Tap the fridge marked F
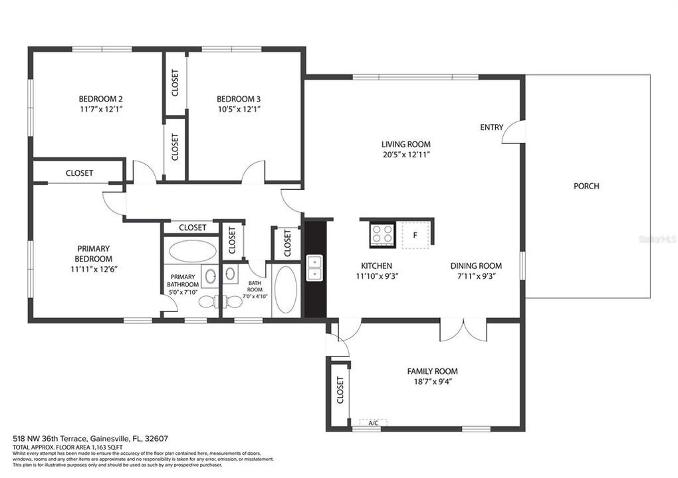pyautogui.click(x=415, y=234)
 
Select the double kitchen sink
pyautogui.click(x=314, y=267)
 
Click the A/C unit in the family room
pyautogui.click(x=373, y=422)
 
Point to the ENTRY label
pyautogui.click(x=492, y=127)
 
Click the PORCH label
pyautogui.click(x=586, y=186)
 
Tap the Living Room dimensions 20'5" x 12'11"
pyautogui.click(x=405, y=155)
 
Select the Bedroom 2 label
pyautogui.click(x=100, y=99)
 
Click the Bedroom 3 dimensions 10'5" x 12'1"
pyautogui.click(x=238, y=110)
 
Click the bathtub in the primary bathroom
pyautogui.click(x=192, y=251)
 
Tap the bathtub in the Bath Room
pyautogui.click(x=286, y=290)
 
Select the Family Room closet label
pyautogui.click(x=340, y=390)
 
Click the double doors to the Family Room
pyautogui.click(x=463, y=329)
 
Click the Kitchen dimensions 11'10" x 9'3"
pyautogui.click(x=376, y=276)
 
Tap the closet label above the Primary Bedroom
pyautogui.click(x=79, y=173)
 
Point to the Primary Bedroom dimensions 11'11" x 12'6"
pyautogui.click(x=92, y=269)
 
